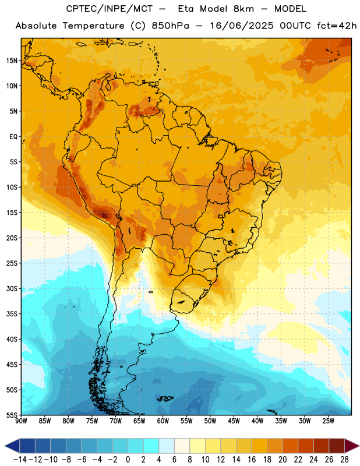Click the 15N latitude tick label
coord(12,61)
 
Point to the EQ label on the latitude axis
coord(13,137)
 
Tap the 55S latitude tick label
coord(12,415)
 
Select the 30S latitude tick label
coord(12,288)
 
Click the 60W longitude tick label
coord(163,421)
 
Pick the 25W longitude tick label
coord(328,421)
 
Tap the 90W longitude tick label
coord(21,421)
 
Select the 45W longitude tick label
coord(234,421)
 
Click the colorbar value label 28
coord(344,460)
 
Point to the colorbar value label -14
coord(20,460)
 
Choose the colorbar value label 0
coord(128,460)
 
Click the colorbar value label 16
coord(252,460)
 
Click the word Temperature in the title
coord(93,26)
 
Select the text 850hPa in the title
coord(170,26)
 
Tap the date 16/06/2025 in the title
coord(242,26)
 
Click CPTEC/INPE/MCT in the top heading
coord(109,9)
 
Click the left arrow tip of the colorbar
coord(5,446)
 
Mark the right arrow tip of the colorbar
coord(359,446)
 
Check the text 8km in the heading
coord(243,9)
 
